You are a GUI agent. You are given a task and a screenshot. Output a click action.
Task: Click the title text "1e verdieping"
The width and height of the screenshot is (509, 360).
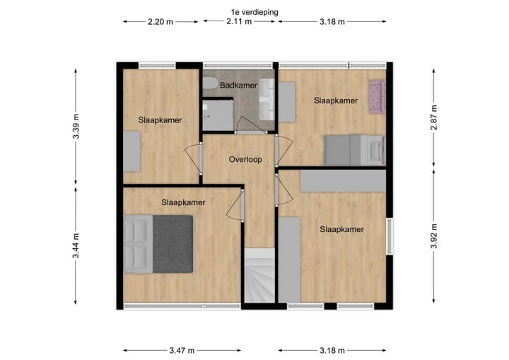point(254,11)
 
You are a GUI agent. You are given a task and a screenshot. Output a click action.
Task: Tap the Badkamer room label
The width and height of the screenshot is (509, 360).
point(238,86)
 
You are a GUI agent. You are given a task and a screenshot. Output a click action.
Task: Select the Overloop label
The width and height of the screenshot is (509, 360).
point(245,159)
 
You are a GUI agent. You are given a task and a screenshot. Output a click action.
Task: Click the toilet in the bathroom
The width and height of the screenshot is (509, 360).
point(210,84)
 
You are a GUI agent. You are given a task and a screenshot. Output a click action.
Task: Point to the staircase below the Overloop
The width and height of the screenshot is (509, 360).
point(259,278)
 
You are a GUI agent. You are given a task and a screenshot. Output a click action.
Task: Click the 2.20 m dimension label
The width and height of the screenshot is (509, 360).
point(160,21)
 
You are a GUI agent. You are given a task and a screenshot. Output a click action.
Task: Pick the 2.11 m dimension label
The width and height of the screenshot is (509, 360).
point(239,21)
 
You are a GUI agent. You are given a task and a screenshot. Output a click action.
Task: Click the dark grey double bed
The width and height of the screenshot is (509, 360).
point(160,244)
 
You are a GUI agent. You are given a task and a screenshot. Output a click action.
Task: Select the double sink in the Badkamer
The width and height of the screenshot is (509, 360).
point(267,99)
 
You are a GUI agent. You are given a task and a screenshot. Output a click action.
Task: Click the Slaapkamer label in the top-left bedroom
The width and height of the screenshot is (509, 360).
point(160,120)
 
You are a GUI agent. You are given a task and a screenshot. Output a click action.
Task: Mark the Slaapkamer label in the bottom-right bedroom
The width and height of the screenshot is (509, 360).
point(341,229)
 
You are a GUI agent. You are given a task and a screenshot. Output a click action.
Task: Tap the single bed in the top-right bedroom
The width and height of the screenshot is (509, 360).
point(353,149)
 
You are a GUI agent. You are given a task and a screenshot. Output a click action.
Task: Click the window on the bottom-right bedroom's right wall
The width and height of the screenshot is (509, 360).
point(388,235)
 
